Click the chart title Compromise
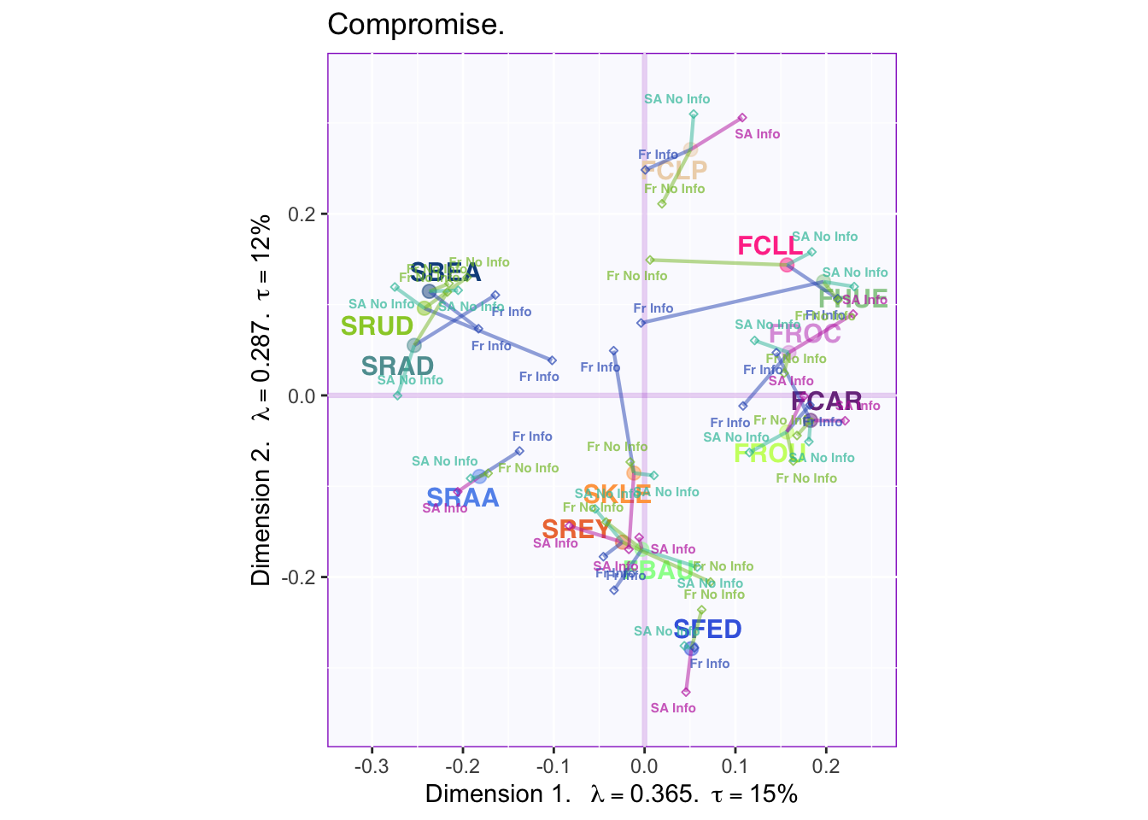tap(416, 25)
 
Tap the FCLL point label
tap(770, 246)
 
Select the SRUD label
tap(377, 326)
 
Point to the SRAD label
tap(397, 366)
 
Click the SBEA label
tap(445, 273)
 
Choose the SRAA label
tap(462, 498)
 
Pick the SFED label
tap(707, 630)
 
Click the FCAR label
tap(826, 401)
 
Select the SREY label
tap(577, 530)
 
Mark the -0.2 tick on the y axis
tap(299, 577)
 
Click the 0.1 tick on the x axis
tap(735, 764)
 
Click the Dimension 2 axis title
tap(261, 400)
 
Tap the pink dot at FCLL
tap(787, 265)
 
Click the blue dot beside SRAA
tap(479, 477)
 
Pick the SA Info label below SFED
tap(673, 708)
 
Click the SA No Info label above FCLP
tap(677, 99)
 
